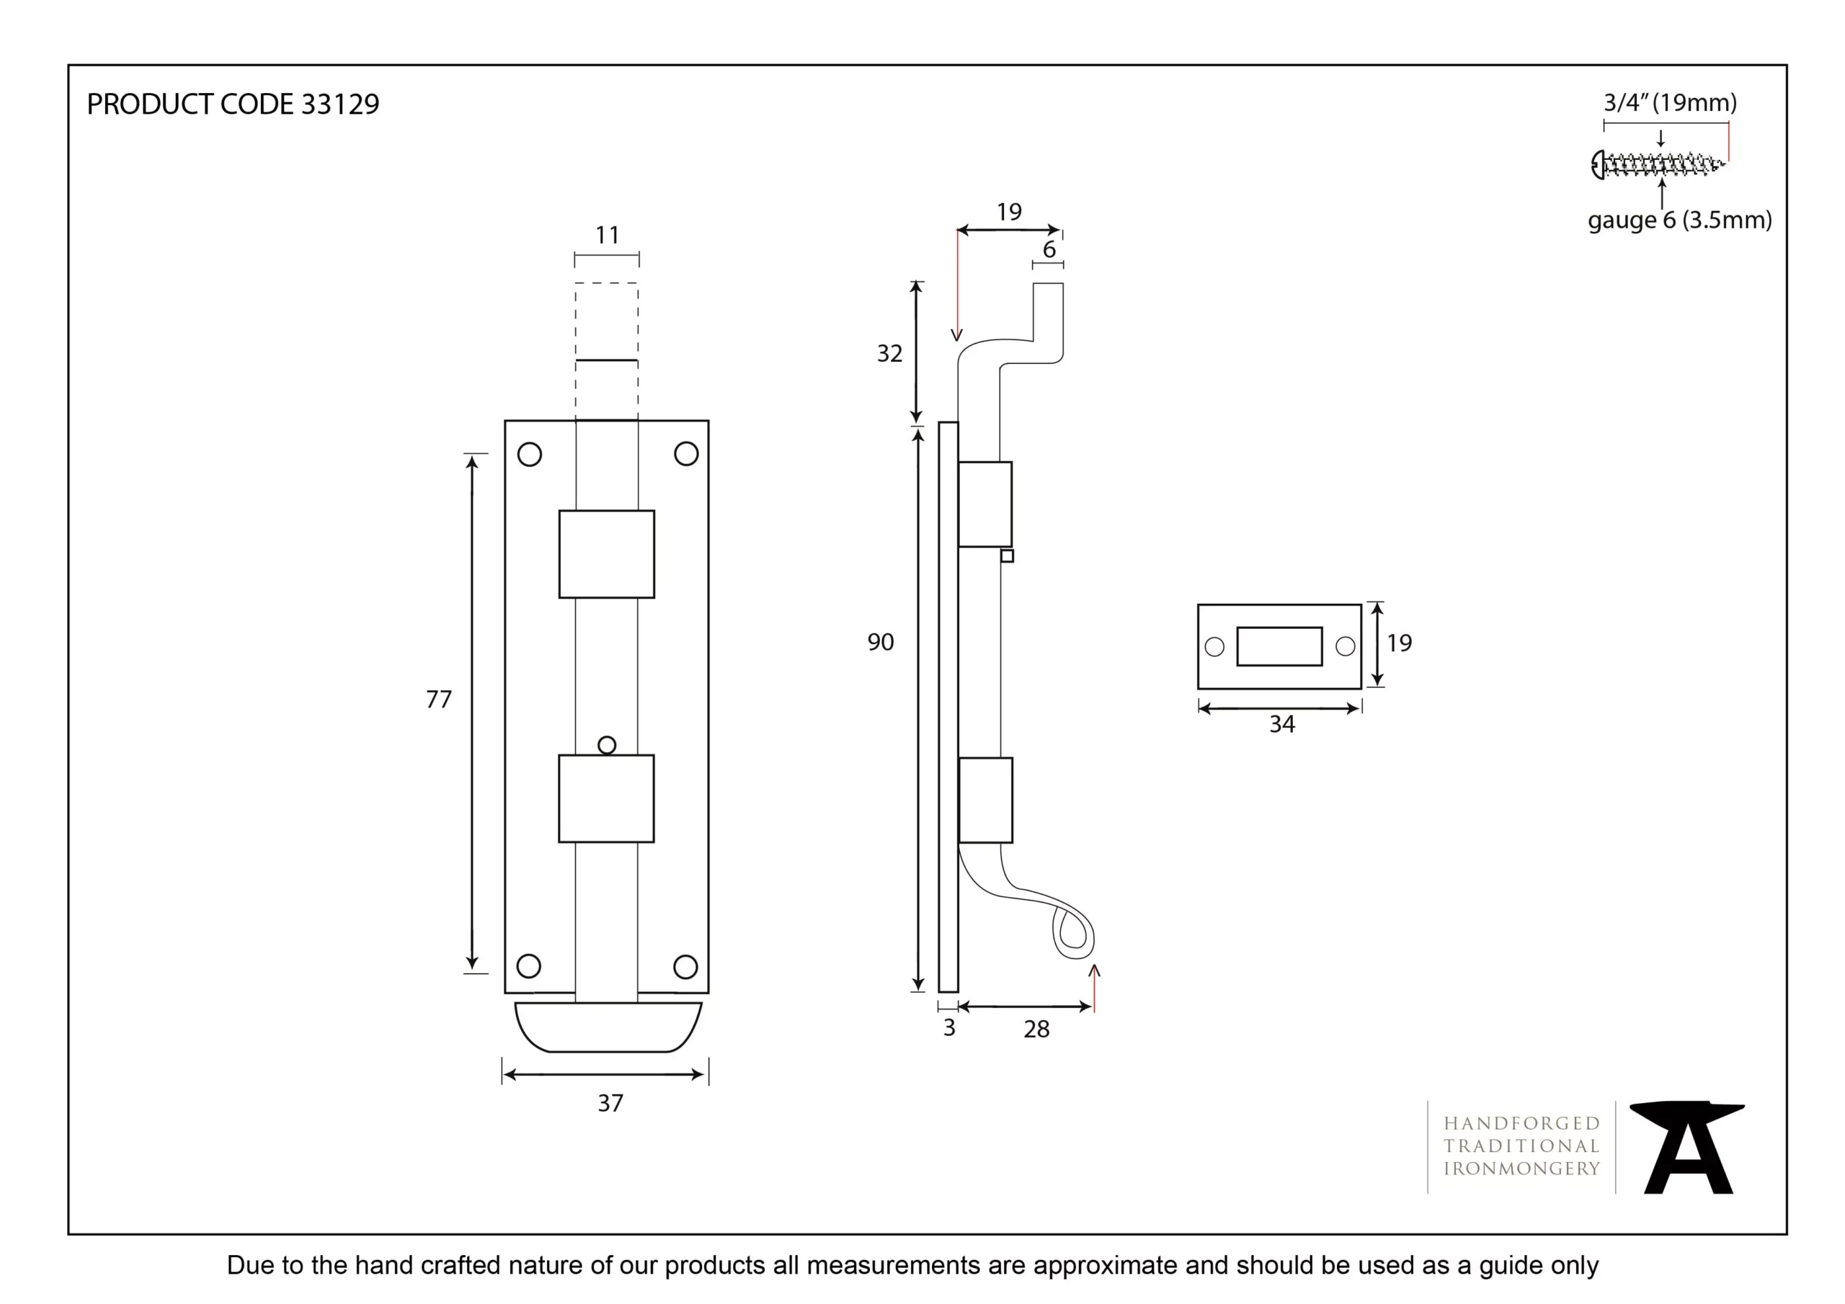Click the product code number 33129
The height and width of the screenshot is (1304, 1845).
pyautogui.click(x=340, y=104)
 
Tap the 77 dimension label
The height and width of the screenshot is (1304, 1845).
pyautogui.click(x=439, y=700)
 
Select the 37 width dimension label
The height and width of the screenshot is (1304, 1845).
pyautogui.click(x=610, y=1103)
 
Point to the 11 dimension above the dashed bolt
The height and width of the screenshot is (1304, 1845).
pyautogui.click(x=608, y=236)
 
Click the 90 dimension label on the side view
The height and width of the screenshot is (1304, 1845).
pyautogui.click(x=881, y=642)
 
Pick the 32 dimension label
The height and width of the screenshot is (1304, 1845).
pyautogui.click(x=889, y=354)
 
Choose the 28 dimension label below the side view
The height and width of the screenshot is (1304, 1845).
pyautogui.click(x=1036, y=1030)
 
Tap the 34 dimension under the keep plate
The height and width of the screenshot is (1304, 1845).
pyautogui.click(x=1283, y=725)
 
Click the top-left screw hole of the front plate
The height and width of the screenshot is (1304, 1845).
pyautogui.click(x=530, y=455)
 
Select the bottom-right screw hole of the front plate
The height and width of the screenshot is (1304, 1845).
pyautogui.click(x=685, y=967)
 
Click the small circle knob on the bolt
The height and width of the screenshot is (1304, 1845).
pyautogui.click(x=608, y=746)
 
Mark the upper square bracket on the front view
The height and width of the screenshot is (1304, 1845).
pyautogui.click(x=607, y=555)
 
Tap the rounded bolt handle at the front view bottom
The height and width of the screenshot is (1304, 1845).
pyautogui.click(x=608, y=1027)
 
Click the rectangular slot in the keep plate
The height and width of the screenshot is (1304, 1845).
pyautogui.click(x=1279, y=647)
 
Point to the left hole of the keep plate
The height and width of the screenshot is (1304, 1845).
pyautogui.click(x=1215, y=647)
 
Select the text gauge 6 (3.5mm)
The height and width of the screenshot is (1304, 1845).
pyautogui.click(x=1680, y=220)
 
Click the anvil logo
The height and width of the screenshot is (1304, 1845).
pyautogui.click(x=1687, y=1148)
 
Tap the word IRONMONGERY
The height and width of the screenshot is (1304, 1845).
pyautogui.click(x=1522, y=1169)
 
